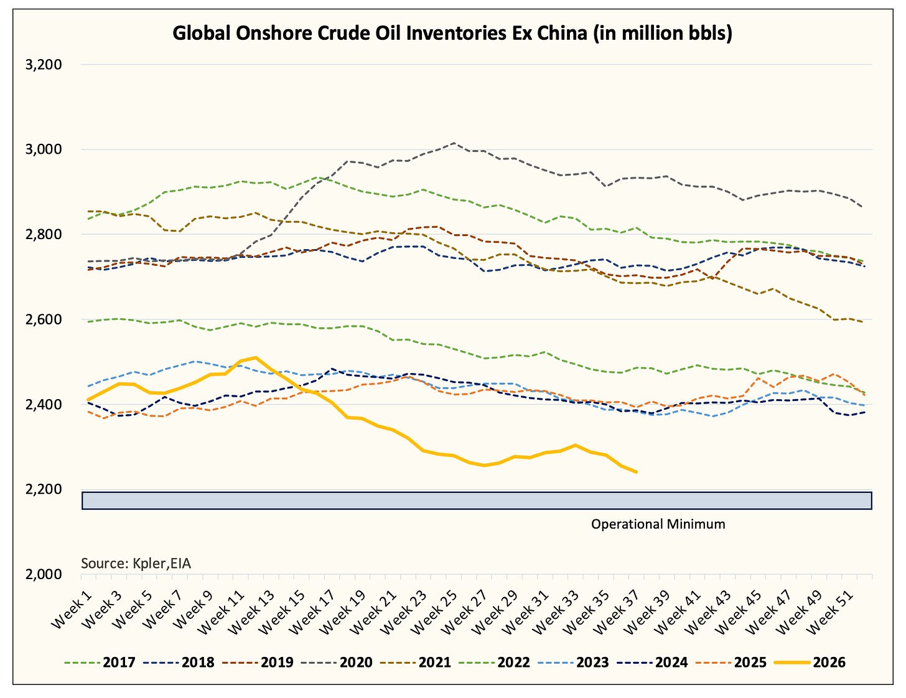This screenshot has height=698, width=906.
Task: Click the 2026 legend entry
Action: point(810,662)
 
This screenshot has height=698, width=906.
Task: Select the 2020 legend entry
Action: point(337,662)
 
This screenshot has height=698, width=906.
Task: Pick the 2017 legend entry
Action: point(100,662)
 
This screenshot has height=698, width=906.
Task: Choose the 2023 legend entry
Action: point(573,662)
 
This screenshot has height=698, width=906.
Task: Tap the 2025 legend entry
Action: point(731,662)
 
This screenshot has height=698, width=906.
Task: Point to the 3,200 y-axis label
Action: point(44,65)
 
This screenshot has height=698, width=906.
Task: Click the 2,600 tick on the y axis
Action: point(44,319)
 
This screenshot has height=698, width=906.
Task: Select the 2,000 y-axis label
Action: point(44,575)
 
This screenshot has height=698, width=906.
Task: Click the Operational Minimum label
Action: point(658,524)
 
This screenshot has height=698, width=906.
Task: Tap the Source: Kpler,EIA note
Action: point(136,564)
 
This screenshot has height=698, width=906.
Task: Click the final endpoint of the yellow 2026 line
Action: point(636,472)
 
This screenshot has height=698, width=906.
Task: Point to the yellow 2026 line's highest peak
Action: point(255,357)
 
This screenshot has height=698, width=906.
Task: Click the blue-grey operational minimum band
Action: point(477,501)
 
